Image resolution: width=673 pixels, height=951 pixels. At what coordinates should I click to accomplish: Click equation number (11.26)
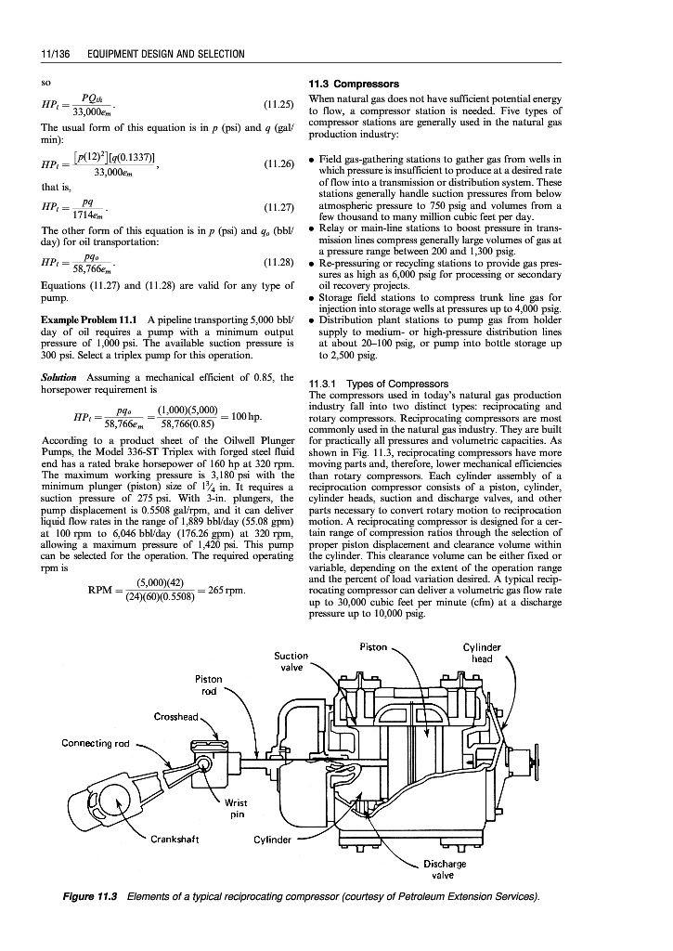coord(279,163)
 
